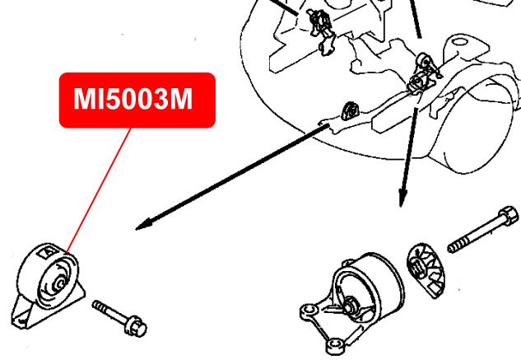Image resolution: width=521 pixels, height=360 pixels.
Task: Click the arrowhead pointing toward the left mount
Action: (x=142, y=225)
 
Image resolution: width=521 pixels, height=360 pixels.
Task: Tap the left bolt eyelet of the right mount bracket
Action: (x=309, y=311)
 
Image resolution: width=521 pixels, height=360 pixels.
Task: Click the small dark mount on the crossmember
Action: (x=350, y=110)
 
